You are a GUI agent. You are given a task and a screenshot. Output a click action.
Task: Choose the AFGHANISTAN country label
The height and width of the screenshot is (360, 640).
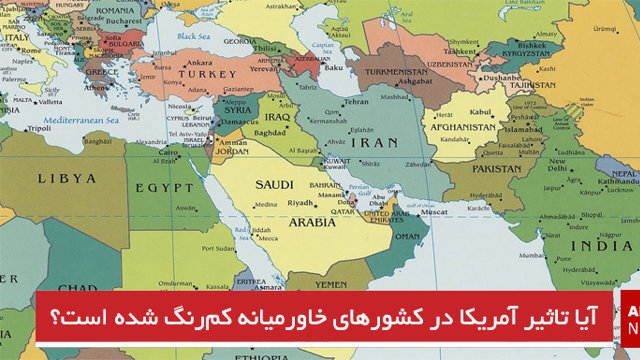tap(462, 127)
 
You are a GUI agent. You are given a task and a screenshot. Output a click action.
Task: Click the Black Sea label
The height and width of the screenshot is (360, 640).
tap(192, 36)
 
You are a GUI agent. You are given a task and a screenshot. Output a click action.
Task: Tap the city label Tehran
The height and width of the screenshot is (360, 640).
tap(356, 102)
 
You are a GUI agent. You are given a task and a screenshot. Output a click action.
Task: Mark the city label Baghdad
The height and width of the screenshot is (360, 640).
tap(271, 131)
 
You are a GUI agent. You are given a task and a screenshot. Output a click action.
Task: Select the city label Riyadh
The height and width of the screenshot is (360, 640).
tap(300, 203)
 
